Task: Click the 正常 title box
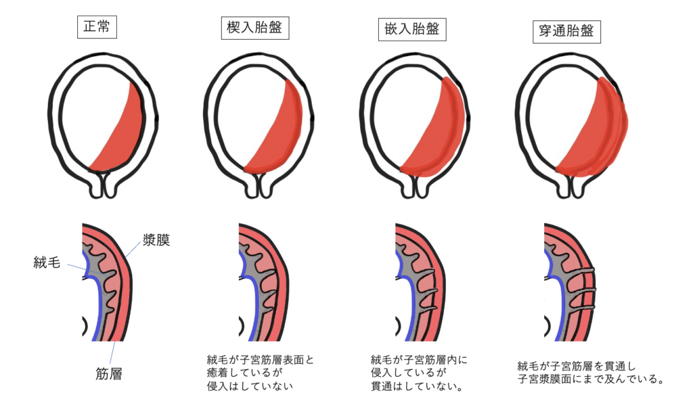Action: click(97, 27)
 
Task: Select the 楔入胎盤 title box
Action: click(255, 28)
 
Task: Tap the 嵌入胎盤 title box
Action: click(412, 30)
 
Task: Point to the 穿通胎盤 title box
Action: click(566, 31)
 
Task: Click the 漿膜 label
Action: click(156, 240)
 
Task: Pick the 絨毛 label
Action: click(47, 262)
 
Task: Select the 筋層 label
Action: click(109, 374)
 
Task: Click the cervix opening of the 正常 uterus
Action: click(103, 185)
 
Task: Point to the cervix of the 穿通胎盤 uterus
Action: click(571, 185)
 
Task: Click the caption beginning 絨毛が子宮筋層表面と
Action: click(261, 373)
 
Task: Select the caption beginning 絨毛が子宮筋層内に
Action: click(419, 373)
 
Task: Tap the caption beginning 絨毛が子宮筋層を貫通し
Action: click(591, 373)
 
